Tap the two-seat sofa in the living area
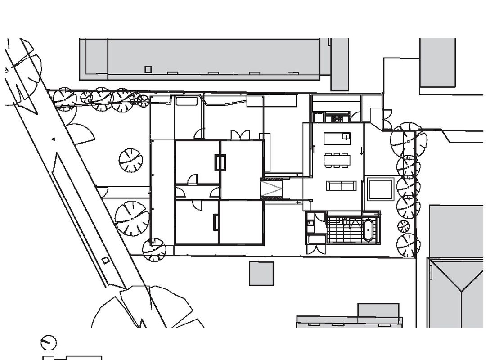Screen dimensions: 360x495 [341, 186]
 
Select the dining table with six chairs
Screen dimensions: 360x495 [337, 160]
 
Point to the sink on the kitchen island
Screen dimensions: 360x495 [346, 136]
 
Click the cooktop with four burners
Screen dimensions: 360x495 [337, 119]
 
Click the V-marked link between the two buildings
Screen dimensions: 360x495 [272, 188]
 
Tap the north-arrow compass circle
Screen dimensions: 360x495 [49, 342]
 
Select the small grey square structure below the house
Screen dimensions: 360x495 [261, 273]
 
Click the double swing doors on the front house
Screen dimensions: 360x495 [239, 135]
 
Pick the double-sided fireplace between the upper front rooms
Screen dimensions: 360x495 [220, 162]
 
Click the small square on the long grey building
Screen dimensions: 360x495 [148, 69]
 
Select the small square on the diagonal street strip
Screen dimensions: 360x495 [105, 260]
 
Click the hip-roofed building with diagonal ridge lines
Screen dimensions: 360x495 [456, 292]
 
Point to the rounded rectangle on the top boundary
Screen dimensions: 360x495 [187, 100]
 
